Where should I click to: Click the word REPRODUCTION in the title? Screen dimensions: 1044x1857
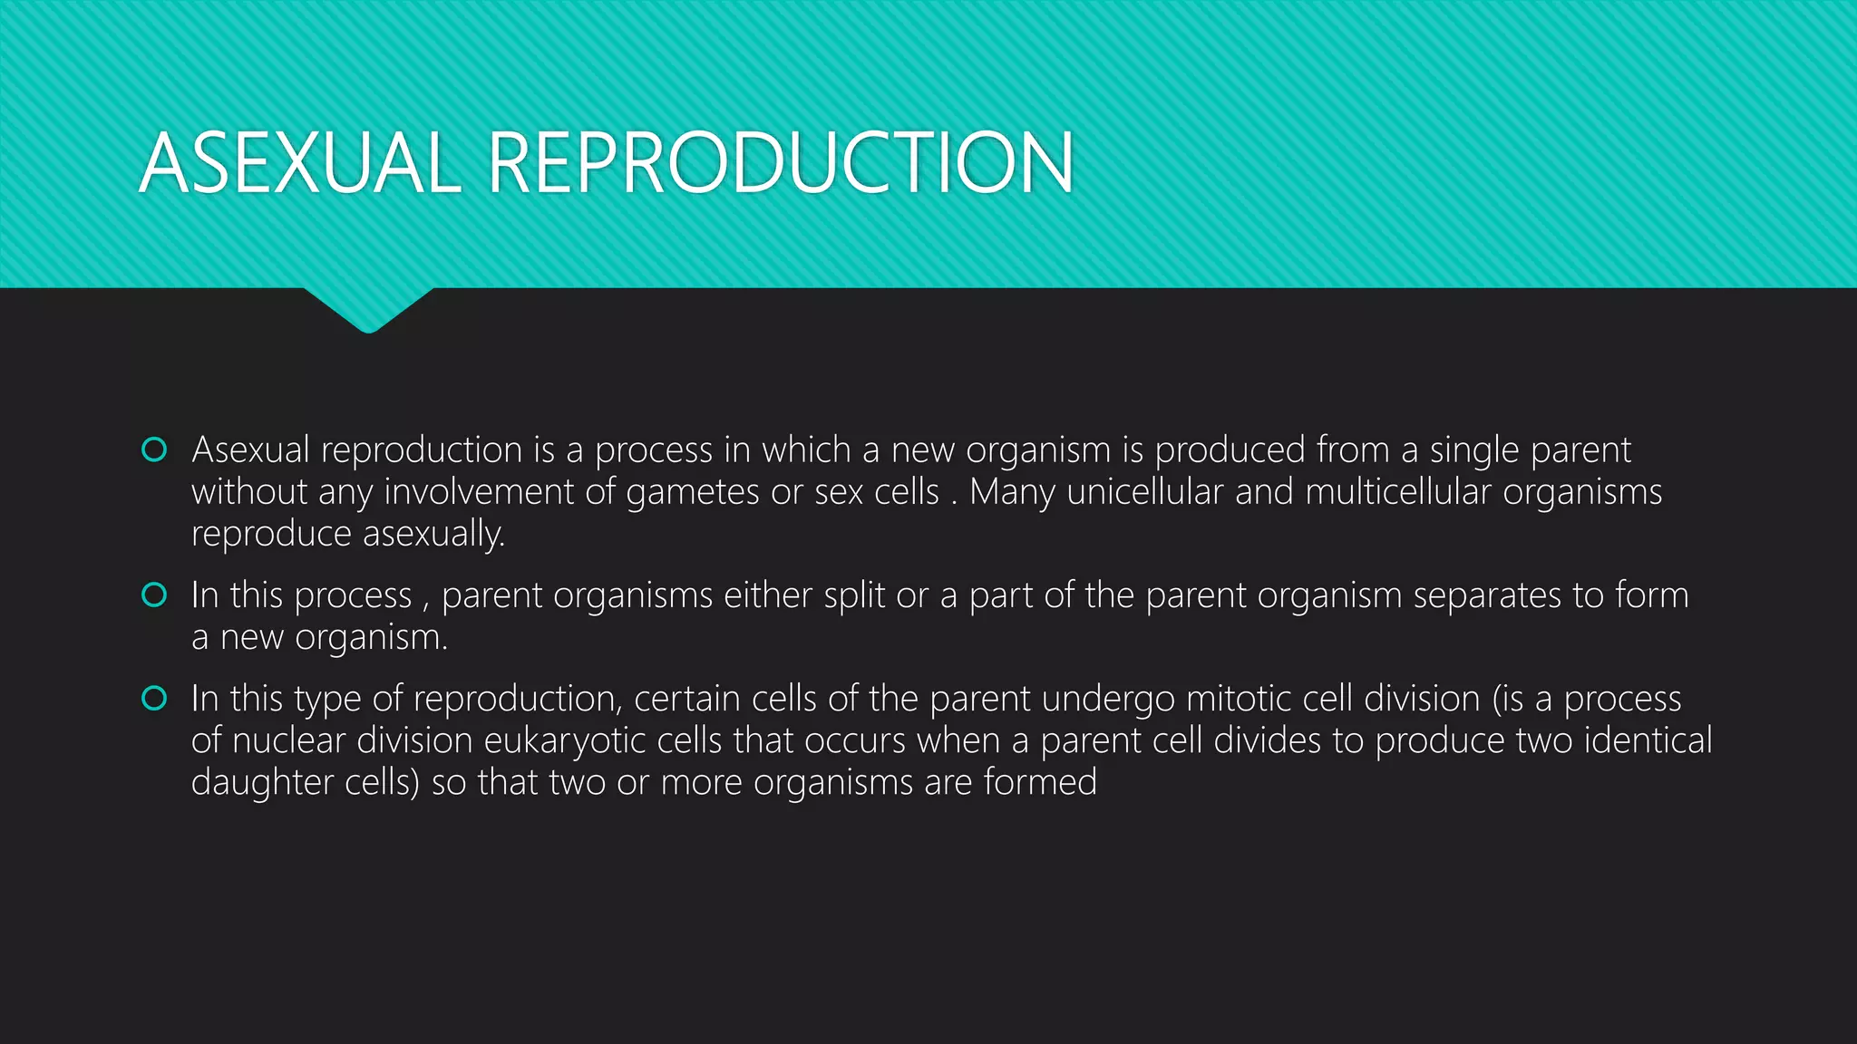tap(781, 163)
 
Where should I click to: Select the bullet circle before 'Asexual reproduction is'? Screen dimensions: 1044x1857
tap(154, 449)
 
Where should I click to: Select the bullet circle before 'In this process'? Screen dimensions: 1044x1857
tap(154, 594)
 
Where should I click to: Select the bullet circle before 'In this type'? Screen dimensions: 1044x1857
tap(154, 698)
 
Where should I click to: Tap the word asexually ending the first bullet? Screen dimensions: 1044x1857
tap(433, 535)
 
